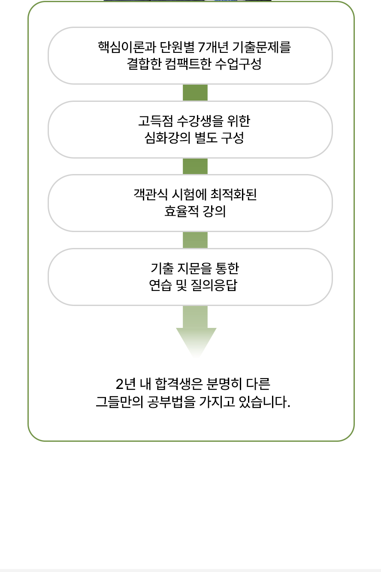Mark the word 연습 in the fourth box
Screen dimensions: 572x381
coord(160,285)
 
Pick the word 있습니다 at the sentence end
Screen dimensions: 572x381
coord(262,402)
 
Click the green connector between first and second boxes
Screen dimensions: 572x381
coord(195,93)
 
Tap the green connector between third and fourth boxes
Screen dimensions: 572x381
coord(195,240)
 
